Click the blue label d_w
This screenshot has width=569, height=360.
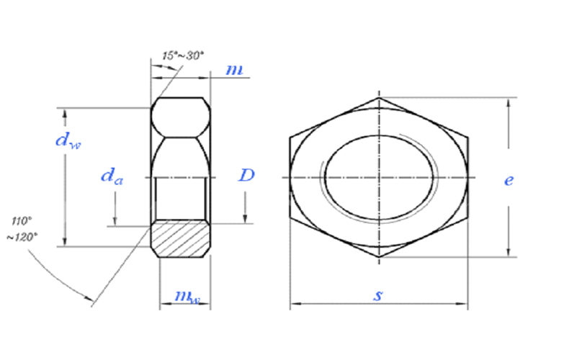[x=68, y=140]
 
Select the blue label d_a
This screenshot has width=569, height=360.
[x=112, y=176]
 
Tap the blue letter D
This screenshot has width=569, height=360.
[x=246, y=175]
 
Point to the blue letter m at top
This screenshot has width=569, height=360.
[x=234, y=69]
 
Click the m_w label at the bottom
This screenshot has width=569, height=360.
[x=187, y=297]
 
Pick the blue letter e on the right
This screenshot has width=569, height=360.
[x=508, y=180]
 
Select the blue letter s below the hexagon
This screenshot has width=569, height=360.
[x=377, y=295]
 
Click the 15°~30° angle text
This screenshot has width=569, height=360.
[x=183, y=55]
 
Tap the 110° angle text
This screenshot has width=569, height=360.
[x=22, y=220]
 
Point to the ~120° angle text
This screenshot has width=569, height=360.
[x=22, y=237]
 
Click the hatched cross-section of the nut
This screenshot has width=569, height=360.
[x=181, y=238]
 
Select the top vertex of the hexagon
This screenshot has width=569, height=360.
[x=379, y=98]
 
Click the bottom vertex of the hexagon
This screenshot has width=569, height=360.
[x=379, y=257]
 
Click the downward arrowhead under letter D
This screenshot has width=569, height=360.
[x=245, y=218]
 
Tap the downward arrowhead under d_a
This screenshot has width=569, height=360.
[x=115, y=221]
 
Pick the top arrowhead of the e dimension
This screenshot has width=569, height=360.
[x=508, y=103]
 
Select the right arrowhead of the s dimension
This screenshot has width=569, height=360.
[x=462, y=303]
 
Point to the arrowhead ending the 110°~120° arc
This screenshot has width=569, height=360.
[x=89, y=298]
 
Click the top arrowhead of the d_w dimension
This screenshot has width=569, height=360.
[x=65, y=113]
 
